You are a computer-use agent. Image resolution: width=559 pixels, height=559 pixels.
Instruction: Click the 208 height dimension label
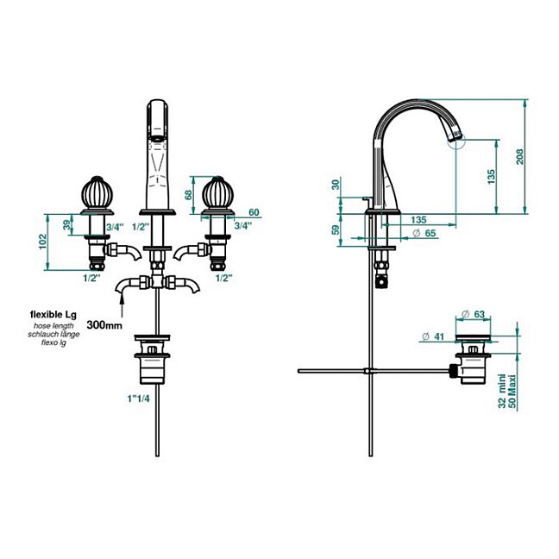pyautogui.click(x=520, y=156)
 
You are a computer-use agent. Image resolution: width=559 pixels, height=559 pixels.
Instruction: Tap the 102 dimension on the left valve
pyautogui.click(x=43, y=242)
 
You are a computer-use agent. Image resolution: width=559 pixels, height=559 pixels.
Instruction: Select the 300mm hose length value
pyautogui.click(x=104, y=325)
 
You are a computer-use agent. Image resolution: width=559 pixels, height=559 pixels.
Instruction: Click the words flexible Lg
pyautogui.click(x=53, y=315)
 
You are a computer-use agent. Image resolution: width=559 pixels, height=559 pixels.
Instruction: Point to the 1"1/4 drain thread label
pyautogui.click(x=138, y=399)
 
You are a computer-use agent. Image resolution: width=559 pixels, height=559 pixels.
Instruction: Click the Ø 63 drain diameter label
pyautogui.click(x=474, y=314)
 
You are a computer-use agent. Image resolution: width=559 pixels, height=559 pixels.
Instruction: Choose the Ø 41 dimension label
pyautogui.click(x=433, y=336)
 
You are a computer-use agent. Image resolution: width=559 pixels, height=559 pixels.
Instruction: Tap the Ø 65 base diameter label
pyautogui.click(x=424, y=233)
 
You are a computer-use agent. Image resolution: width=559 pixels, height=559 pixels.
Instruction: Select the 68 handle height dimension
pyautogui.click(x=188, y=195)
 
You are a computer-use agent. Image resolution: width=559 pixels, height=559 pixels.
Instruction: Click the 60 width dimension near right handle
pyautogui.click(x=254, y=212)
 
